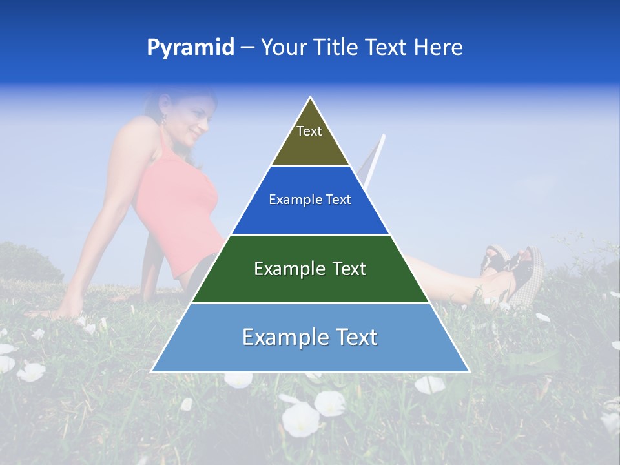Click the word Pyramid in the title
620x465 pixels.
[190, 47]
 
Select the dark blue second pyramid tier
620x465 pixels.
[310, 216]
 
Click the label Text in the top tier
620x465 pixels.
[309, 131]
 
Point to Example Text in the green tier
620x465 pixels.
[310, 269]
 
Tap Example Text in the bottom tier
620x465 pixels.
[310, 337]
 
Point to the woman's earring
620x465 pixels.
[163, 119]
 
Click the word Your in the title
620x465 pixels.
[283, 47]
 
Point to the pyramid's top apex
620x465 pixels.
[311, 99]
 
